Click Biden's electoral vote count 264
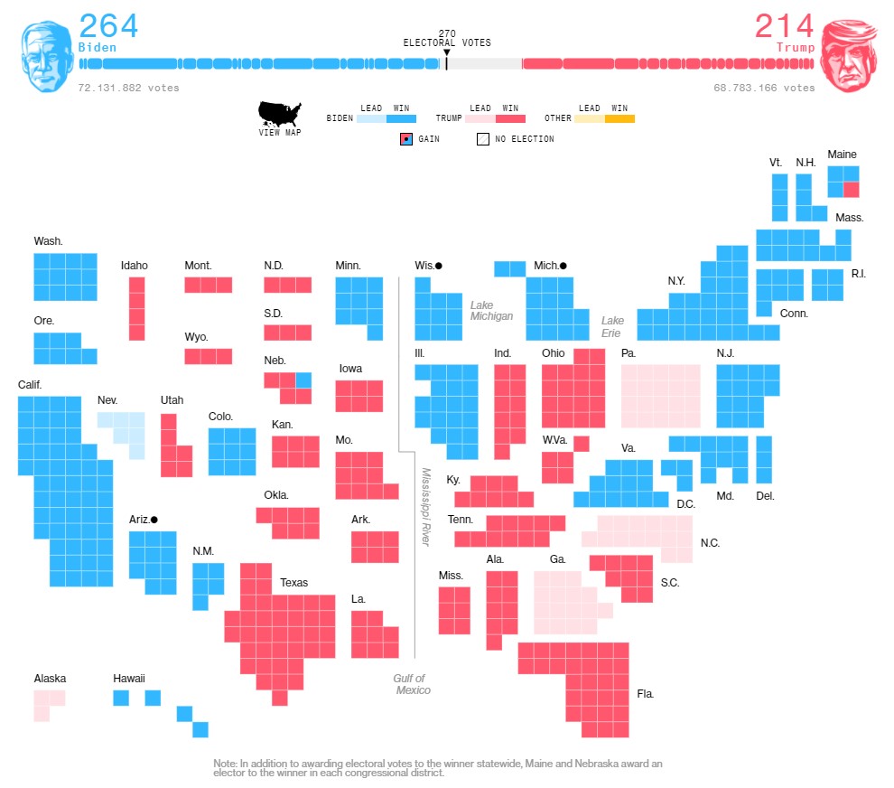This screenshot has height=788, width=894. (108, 25)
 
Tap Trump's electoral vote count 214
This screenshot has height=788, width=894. (784, 25)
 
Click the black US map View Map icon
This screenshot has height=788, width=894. (280, 114)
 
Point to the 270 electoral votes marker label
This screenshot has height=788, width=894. (447, 38)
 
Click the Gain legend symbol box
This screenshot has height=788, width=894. (406, 139)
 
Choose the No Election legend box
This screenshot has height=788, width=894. (483, 139)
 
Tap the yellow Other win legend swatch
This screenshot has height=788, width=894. (619, 118)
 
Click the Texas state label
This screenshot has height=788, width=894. (293, 583)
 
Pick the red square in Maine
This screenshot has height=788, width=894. (851, 190)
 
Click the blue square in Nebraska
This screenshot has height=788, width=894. (303, 380)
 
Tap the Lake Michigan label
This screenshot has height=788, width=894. (491, 311)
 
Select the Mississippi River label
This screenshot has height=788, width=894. (425, 506)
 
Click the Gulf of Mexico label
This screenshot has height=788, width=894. (411, 684)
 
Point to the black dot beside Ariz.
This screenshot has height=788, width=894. (154, 520)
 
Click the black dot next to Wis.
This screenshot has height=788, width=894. (438, 266)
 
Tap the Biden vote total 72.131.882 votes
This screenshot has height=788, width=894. (128, 88)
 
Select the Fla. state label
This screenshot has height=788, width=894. (645, 694)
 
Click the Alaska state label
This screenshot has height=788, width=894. (50, 679)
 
